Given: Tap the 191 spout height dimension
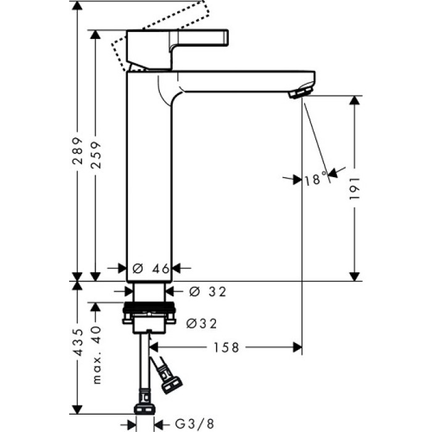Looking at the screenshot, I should (354, 189).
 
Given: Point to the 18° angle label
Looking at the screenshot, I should (315, 180).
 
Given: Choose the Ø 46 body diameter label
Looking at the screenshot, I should (150, 268).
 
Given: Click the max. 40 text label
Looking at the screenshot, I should (95, 355).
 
